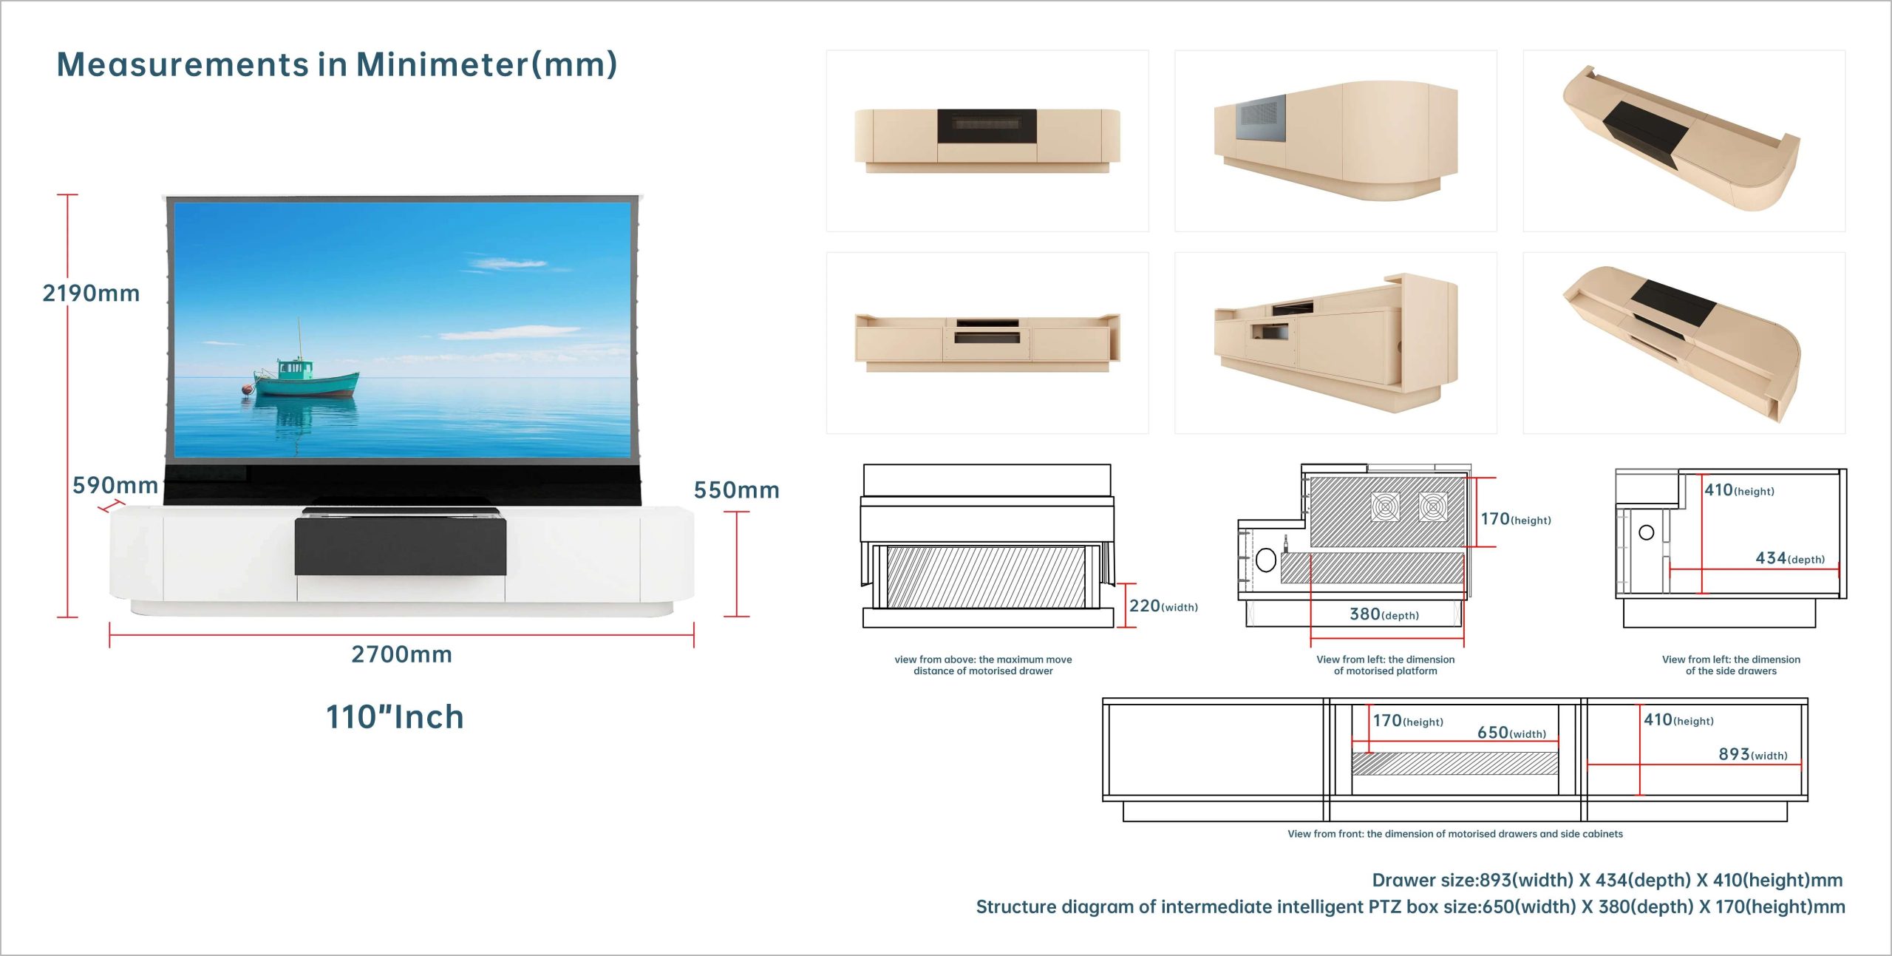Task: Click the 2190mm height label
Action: pos(91,294)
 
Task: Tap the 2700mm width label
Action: pos(401,654)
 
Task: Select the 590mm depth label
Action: pos(115,485)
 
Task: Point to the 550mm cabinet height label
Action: pos(736,489)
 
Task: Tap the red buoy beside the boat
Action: pos(247,389)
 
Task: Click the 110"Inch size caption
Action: pos(395,716)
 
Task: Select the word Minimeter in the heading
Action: pos(441,64)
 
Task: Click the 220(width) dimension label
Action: pos(1163,606)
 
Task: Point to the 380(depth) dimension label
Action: pos(1384,614)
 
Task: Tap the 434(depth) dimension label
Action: pos(1790,558)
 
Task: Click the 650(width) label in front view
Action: pos(1511,733)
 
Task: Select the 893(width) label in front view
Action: pos(1753,754)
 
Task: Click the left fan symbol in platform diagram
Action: pos(1385,507)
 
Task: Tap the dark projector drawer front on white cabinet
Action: pos(401,546)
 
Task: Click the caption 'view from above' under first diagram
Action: pos(983,665)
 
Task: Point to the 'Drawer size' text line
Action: pos(1607,880)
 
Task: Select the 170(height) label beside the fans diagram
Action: pos(1516,519)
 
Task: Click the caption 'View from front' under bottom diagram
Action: pos(1455,834)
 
